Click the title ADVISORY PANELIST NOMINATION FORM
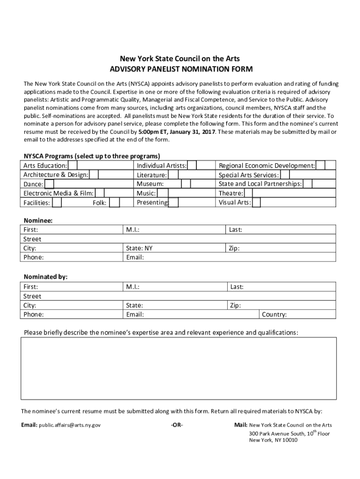pyautogui.click(x=180, y=69)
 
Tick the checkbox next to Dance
pyautogui.click(x=49, y=184)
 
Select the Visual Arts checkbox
pyautogui.click(x=256, y=203)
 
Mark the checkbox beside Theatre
pyautogui.click(x=249, y=193)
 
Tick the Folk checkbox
pyautogui.click(x=114, y=203)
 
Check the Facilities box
pyautogui.click(x=57, y=203)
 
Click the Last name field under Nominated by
pyautogui.click(x=281, y=287)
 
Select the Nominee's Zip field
pyautogui.click(x=281, y=248)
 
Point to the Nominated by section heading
pyautogui.click(x=45, y=277)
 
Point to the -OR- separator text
pyautogui.click(x=177, y=425)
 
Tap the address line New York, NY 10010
pyautogui.click(x=273, y=440)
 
